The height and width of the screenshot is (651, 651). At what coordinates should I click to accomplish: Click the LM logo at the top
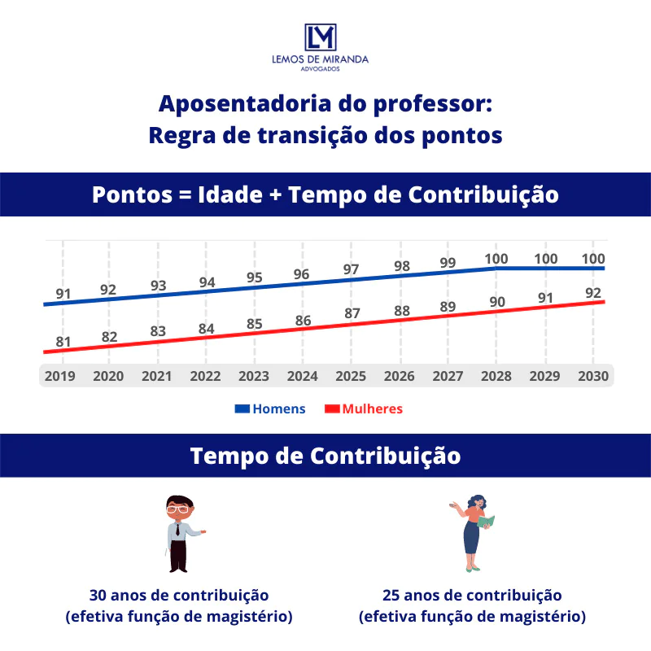tap(320, 37)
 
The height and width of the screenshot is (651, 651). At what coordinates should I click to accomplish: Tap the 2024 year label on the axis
tap(303, 376)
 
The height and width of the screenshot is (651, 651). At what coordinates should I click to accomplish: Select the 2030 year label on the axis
tap(593, 376)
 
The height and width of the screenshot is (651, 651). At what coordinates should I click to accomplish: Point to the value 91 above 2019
tap(63, 294)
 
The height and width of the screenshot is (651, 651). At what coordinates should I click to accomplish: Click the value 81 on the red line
tap(63, 342)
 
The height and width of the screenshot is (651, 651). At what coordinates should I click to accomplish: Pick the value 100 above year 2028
tap(496, 259)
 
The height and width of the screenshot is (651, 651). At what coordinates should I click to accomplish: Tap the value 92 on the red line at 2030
tap(593, 293)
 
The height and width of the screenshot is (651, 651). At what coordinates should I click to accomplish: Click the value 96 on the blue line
tap(302, 274)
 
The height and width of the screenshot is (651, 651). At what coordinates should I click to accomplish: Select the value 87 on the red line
tap(352, 313)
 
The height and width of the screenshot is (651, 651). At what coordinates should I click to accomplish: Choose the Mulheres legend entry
tap(372, 409)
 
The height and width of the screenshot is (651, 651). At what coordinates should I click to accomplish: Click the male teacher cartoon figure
tap(180, 532)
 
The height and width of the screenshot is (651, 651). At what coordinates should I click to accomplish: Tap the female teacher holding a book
tap(473, 532)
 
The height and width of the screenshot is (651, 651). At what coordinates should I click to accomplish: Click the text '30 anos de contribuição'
tap(179, 595)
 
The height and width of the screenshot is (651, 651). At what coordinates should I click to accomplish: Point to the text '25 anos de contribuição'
tap(472, 595)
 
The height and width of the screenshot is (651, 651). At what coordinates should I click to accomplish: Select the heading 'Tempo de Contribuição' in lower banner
tap(325, 456)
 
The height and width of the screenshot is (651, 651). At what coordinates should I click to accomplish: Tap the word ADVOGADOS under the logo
tap(321, 69)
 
